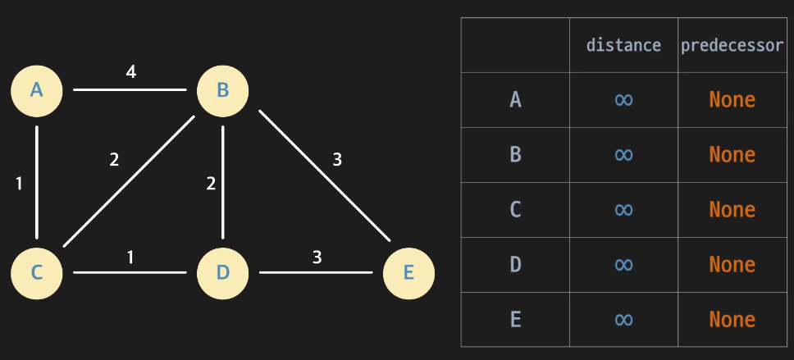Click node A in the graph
[x=37, y=89]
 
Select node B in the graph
[x=222, y=89]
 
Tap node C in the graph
[x=37, y=272]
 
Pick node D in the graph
[x=222, y=272]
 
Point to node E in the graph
[x=408, y=272]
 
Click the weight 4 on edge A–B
[x=130, y=72]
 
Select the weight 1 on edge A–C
[x=19, y=184]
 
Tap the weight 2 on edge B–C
[x=114, y=159]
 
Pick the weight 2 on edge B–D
[x=211, y=183]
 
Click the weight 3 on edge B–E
[x=336, y=159]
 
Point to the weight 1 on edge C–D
[x=130, y=257]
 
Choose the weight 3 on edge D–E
[x=317, y=257]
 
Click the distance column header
[x=623, y=45]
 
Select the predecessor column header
[x=732, y=45]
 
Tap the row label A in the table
[x=515, y=100]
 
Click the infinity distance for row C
[x=623, y=210]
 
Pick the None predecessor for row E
[x=732, y=319]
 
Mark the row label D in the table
[x=515, y=264]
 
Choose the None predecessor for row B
[x=732, y=155]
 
